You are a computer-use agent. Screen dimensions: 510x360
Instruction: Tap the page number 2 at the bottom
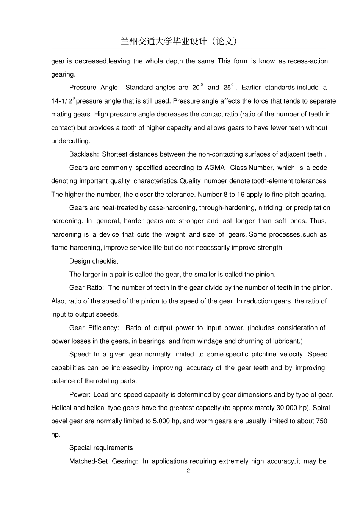tap(188, 471)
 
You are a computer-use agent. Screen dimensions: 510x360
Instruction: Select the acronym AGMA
tap(214, 168)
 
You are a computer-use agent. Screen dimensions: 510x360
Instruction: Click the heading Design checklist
tap(94, 261)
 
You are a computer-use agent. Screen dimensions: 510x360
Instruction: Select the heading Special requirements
tap(101, 448)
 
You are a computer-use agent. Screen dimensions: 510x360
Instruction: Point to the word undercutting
tap(70, 141)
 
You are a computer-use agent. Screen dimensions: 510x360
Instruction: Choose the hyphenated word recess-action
tap(308, 61)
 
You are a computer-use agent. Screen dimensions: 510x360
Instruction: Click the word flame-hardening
tap(76, 248)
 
